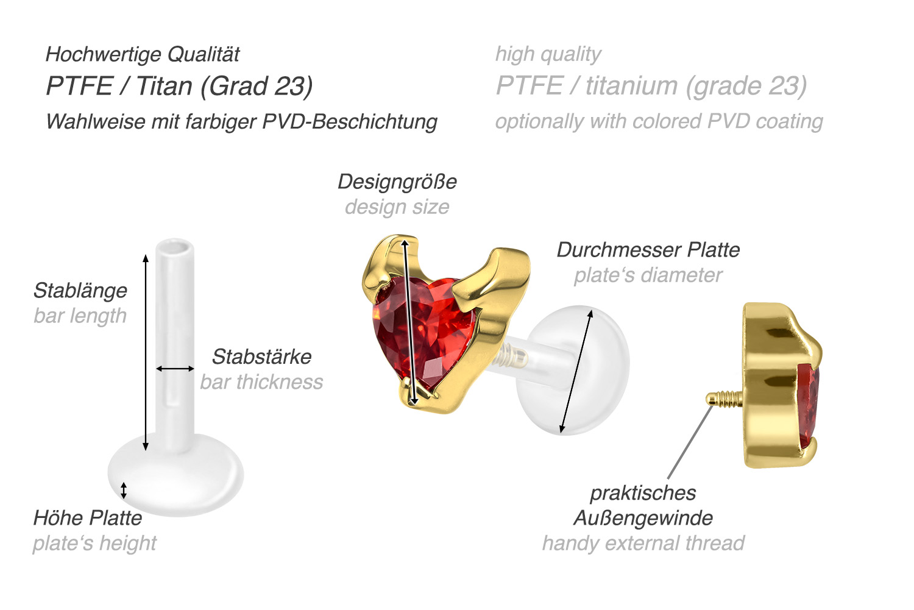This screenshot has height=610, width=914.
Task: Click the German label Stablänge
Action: (80, 291)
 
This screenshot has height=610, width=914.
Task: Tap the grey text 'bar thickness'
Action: (261, 382)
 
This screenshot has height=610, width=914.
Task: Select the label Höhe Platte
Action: (88, 518)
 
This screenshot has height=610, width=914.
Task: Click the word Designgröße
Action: (397, 182)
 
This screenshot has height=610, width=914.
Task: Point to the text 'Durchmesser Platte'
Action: (648, 250)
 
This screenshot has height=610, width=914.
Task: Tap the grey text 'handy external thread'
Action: (643, 544)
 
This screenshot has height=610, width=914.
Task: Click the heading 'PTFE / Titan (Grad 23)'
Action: (180, 86)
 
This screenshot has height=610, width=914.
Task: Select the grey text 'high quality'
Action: (548, 55)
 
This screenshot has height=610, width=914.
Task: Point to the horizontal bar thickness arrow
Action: (175, 369)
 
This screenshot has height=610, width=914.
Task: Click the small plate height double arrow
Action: (124, 491)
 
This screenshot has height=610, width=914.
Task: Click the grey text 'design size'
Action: (397, 207)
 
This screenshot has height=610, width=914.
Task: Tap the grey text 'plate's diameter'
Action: (648, 275)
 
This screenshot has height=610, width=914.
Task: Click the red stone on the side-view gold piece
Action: (809, 404)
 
